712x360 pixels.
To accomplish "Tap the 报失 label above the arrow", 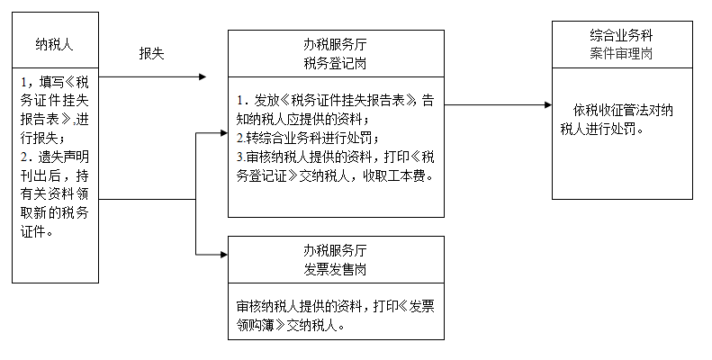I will (151, 53).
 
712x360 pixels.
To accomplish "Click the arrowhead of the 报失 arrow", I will (202, 76).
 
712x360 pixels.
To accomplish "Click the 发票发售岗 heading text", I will (335, 267).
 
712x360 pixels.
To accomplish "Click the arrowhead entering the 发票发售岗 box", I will (223, 256).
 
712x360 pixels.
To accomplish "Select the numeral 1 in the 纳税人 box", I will (23, 82).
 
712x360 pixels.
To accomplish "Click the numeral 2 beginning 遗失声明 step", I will (23, 155).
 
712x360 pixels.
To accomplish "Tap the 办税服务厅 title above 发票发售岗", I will (335, 249).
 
